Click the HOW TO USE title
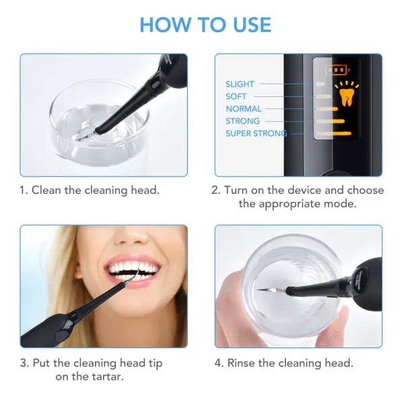205,25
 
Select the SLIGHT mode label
240,84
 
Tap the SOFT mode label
236,96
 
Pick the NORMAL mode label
244,108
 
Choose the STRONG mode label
242,121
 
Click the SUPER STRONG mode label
256,133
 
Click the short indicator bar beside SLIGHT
321,84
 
